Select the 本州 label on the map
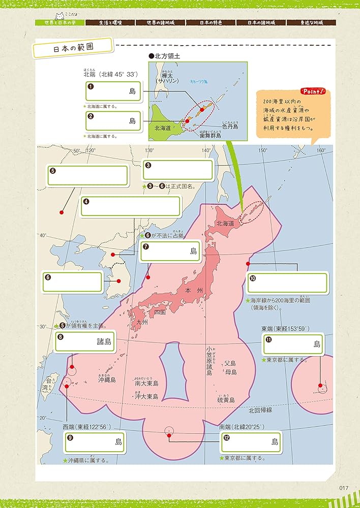pos(194,290)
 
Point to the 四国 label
pos(160,312)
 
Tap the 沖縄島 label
pos(107,379)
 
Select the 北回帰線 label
pos(260,409)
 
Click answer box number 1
pos(113,91)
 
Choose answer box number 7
pos(171,251)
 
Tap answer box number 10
pos(287,283)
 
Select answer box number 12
pos(250,441)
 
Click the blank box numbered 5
pos(87,175)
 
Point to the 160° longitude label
pos(321,150)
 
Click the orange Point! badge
pos(313,91)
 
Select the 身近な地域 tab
pos(311,23)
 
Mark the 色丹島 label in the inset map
pos(230,126)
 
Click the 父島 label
pos(230,363)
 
